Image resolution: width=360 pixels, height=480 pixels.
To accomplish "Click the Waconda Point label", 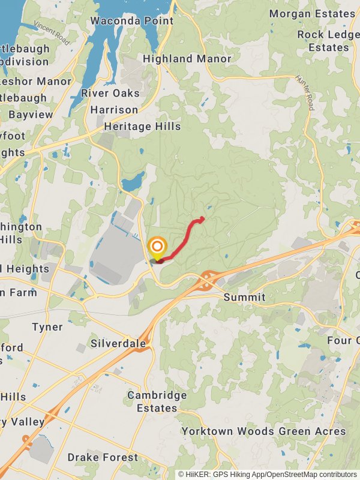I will pos(132,21).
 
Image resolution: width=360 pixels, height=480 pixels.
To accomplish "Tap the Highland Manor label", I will pos(187,59).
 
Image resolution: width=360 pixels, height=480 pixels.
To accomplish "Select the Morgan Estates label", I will pos(312,13).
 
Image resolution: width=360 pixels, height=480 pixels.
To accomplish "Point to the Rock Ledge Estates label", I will pos(328,41).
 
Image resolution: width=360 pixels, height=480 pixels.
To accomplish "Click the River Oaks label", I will pos(110,93).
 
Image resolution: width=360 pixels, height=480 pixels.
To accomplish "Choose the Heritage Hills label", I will pos(142,127).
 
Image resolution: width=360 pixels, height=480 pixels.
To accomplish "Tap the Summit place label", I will pos(244,297).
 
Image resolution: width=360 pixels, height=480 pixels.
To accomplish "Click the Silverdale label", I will pos(118,344).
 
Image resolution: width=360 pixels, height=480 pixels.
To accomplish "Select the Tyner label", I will pos(47,326).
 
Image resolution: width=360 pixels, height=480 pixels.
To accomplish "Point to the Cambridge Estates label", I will pos(157,401).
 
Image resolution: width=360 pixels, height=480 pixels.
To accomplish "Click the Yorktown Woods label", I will pos(227,431).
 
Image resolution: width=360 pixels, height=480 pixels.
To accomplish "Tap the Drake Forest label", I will pos(103,457).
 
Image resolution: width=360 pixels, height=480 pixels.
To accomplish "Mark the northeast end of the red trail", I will pos(202,218).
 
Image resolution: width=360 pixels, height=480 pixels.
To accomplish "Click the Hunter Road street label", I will pos(305,92).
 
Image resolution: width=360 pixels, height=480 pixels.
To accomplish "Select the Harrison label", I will pos(114,110).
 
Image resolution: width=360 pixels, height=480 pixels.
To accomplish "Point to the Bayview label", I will pos(31,114).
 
